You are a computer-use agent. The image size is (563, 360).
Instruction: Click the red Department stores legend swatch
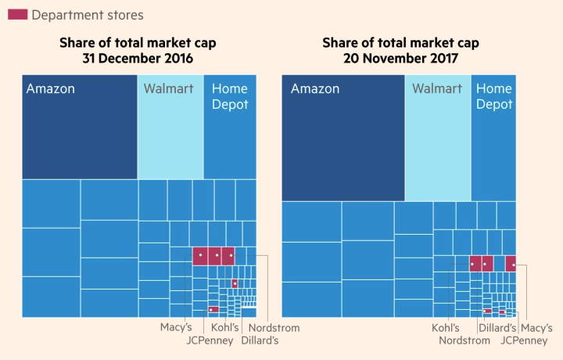(x=17, y=15)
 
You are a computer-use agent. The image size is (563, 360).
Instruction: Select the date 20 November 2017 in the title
(x=400, y=57)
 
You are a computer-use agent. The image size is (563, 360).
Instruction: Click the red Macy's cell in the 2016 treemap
(x=200, y=256)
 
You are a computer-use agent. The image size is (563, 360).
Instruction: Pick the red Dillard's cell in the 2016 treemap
(x=235, y=283)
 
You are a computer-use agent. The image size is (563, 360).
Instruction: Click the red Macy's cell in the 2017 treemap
(x=511, y=264)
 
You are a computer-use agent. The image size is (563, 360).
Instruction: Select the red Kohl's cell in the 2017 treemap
(x=475, y=264)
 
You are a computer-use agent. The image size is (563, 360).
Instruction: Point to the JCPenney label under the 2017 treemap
(x=524, y=340)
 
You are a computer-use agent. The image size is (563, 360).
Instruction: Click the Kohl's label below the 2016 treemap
(x=224, y=328)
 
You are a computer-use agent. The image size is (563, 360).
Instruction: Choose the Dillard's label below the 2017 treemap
(x=497, y=328)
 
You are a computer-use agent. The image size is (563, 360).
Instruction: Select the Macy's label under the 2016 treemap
(x=176, y=328)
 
